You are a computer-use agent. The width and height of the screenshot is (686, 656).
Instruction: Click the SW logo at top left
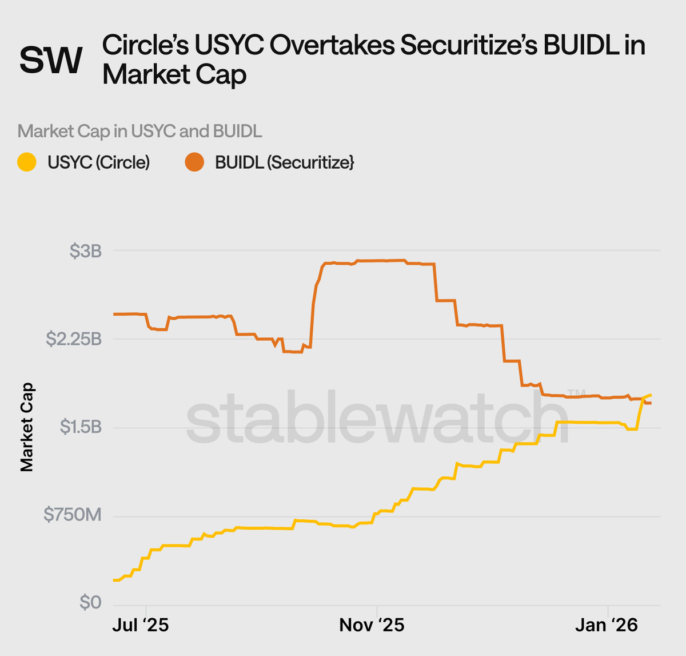coord(51,60)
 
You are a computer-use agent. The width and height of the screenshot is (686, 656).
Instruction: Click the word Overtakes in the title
coord(332,45)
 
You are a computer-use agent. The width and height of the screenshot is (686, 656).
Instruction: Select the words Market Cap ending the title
coord(174,75)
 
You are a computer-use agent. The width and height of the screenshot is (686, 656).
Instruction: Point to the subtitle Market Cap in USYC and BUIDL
coord(139,131)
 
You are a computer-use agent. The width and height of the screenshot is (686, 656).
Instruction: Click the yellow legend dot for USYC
coord(27,162)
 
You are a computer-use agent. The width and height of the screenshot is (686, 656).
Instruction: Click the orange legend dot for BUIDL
coord(194,162)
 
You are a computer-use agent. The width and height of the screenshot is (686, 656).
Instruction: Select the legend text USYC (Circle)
coord(98,162)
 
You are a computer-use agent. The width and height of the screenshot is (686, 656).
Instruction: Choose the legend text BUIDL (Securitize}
coord(284,162)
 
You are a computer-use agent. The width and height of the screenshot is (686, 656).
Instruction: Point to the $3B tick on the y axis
coord(85,251)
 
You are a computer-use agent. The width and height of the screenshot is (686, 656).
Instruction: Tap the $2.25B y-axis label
coord(74,339)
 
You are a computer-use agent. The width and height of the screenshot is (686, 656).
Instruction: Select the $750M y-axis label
coord(73,515)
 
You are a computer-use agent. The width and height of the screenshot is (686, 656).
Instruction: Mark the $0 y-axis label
coord(90,603)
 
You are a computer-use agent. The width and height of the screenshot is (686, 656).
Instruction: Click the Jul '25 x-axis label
coord(141,625)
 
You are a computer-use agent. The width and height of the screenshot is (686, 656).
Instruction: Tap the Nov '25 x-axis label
coord(372,625)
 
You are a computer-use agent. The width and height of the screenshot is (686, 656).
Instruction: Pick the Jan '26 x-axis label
coord(606,625)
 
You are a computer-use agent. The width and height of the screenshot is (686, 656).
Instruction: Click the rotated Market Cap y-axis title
coord(27,427)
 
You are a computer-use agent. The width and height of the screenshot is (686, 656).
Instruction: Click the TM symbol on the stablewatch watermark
coord(576,393)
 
